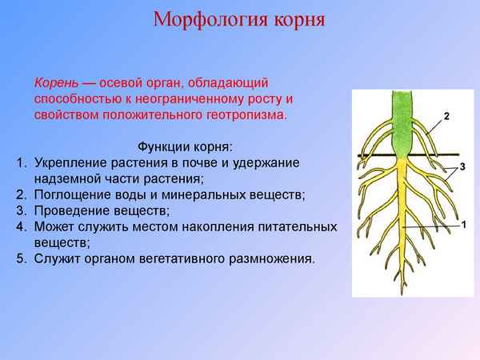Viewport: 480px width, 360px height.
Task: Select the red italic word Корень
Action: (x=55, y=83)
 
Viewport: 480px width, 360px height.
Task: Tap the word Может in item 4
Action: (x=54, y=227)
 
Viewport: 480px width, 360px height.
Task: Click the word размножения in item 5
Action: (x=274, y=259)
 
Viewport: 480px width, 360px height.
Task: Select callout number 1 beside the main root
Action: (x=463, y=226)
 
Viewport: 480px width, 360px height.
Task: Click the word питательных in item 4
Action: (x=294, y=227)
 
